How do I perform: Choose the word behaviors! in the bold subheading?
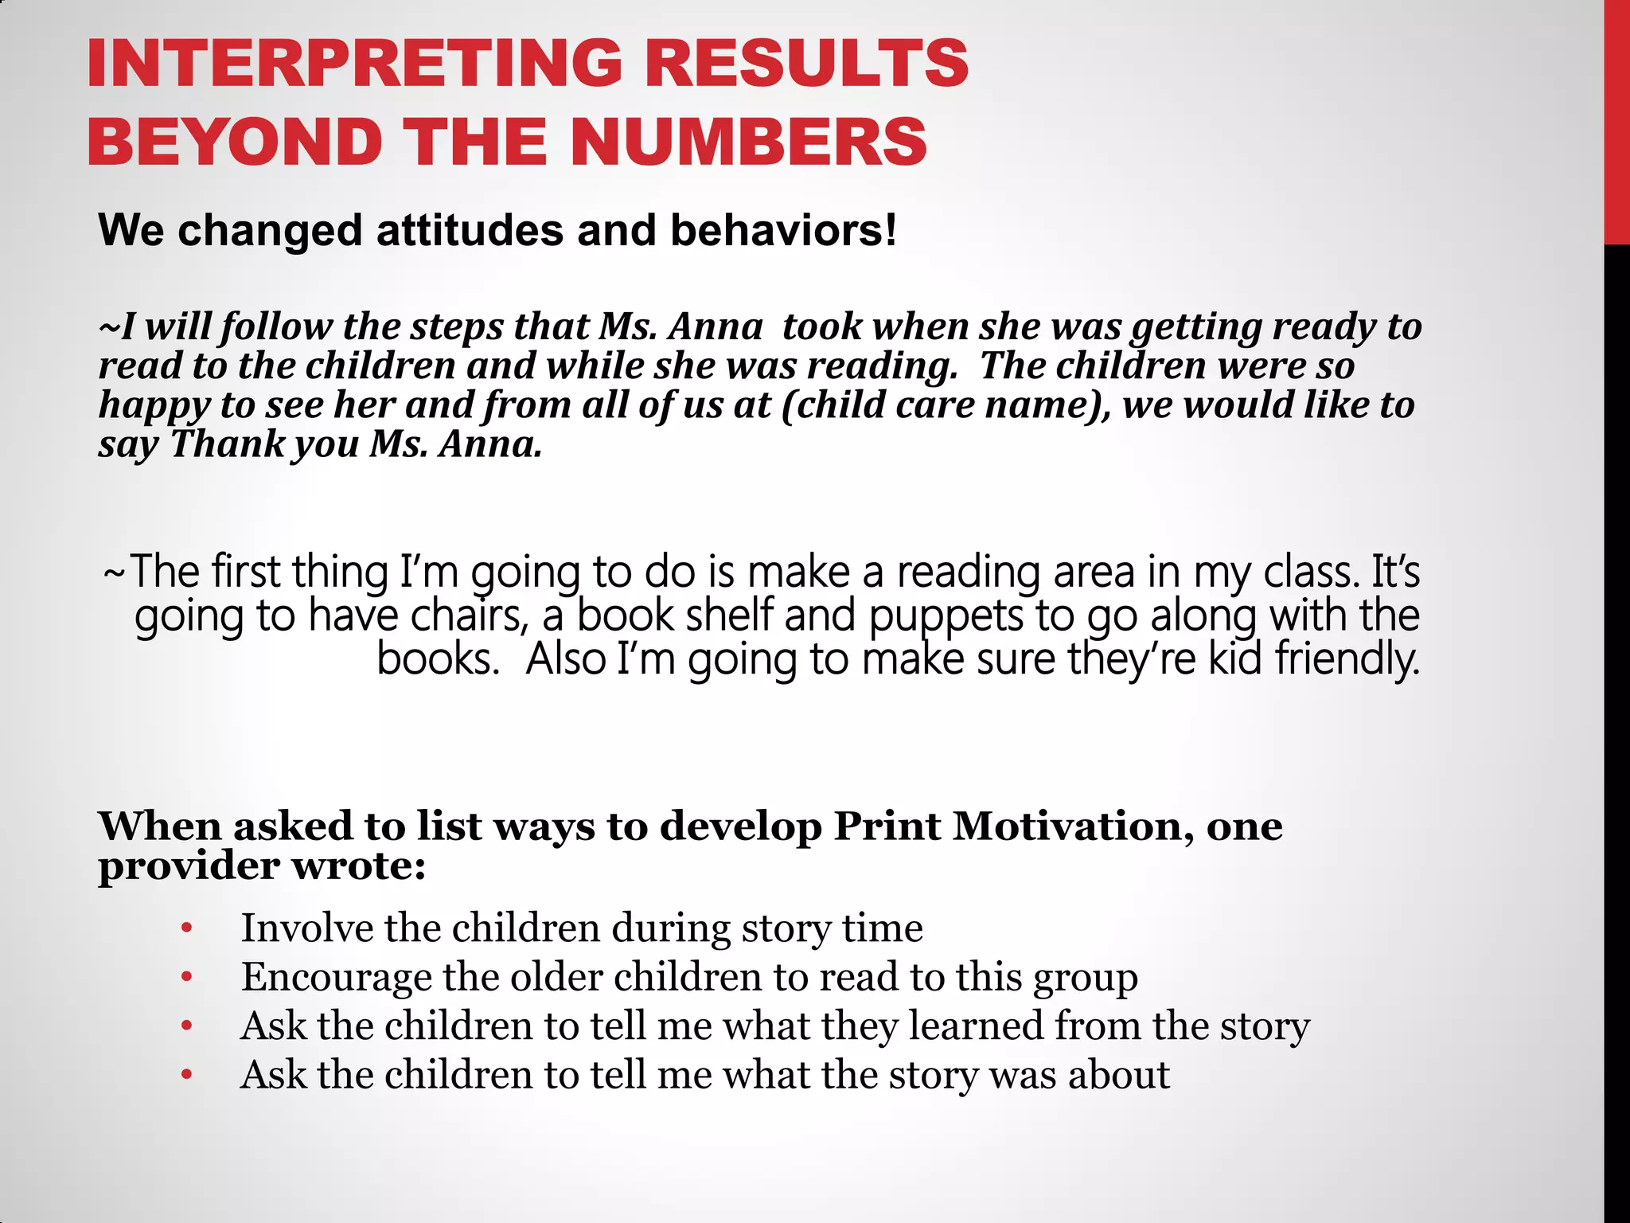pos(783,231)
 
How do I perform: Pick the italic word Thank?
pos(227,444)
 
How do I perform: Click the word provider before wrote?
pos(189,866)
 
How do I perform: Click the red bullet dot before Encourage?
pos(187,977)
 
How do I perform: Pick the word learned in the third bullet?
pos(975,1026)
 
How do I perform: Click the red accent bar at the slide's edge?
pos(1616,119)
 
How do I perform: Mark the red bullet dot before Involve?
pos(187,928)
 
